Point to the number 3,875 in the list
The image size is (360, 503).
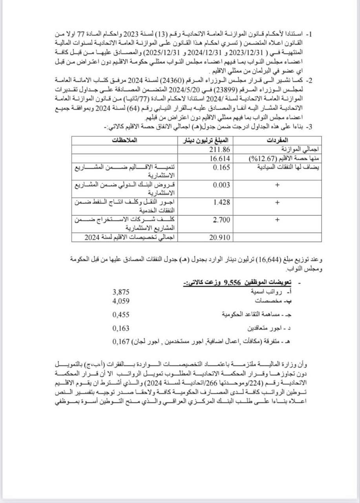121,292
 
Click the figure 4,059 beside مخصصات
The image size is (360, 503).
121,301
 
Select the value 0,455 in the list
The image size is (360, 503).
121,314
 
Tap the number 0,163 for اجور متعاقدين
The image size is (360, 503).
121,328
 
